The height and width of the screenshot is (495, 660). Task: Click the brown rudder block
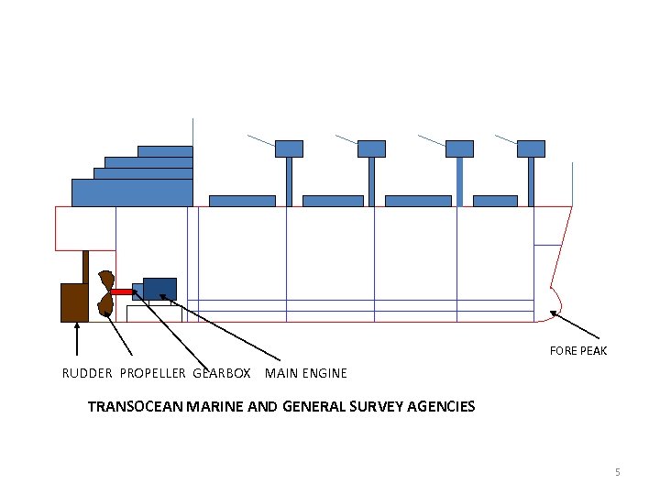coord(74,302)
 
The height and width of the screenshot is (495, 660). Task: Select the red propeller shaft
coord(122,291)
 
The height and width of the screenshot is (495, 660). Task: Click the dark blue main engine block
coord(159,288)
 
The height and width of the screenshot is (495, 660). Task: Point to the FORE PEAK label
coord(577,351)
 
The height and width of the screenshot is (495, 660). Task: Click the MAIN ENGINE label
coord(306,373)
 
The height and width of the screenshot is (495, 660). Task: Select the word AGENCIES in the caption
coord(440,406)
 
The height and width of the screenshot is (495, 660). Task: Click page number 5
coord(618,472)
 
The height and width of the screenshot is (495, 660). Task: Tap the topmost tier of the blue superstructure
coord(165,151)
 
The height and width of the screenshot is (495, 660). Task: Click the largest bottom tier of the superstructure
coord(132,192)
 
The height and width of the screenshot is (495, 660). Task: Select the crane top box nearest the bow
coord(531,148)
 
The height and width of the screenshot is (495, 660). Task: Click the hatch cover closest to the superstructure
coord(242,201)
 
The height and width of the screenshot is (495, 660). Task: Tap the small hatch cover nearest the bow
coord(495,201)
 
